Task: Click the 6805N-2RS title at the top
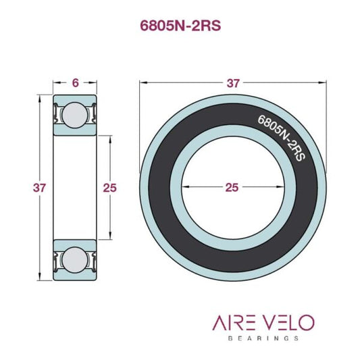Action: (x=180, y=26)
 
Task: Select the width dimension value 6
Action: (x=75, y=82)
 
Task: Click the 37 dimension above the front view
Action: (x=233, y=83)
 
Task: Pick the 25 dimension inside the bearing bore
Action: (x=232, y=188)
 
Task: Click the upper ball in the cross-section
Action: (x=74, y=114)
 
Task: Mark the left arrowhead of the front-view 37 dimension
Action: (x=143, y=84)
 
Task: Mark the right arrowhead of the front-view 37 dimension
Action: (x=324, y=84)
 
